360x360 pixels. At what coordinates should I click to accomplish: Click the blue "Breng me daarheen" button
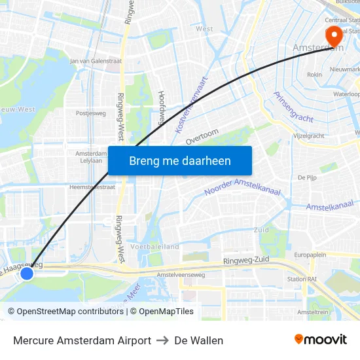pos(179,160)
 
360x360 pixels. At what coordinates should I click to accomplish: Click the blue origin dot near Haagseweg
pos(27,273)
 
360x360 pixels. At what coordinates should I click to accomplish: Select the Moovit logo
pos(320,340)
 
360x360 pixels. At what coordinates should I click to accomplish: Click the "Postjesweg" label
pos(90,113)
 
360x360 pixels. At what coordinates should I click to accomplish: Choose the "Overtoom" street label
pos(202,137)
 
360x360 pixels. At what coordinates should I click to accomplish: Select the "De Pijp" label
pos(307,177)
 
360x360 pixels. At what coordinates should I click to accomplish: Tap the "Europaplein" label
pos(310,254)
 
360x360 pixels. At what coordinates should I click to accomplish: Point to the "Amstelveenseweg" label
pos(181,275)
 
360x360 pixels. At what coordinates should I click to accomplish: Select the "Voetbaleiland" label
pos(154,247)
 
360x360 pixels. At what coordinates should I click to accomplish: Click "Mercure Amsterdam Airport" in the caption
pos(82,340)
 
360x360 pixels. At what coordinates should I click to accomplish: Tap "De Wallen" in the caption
pos(198,340)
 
